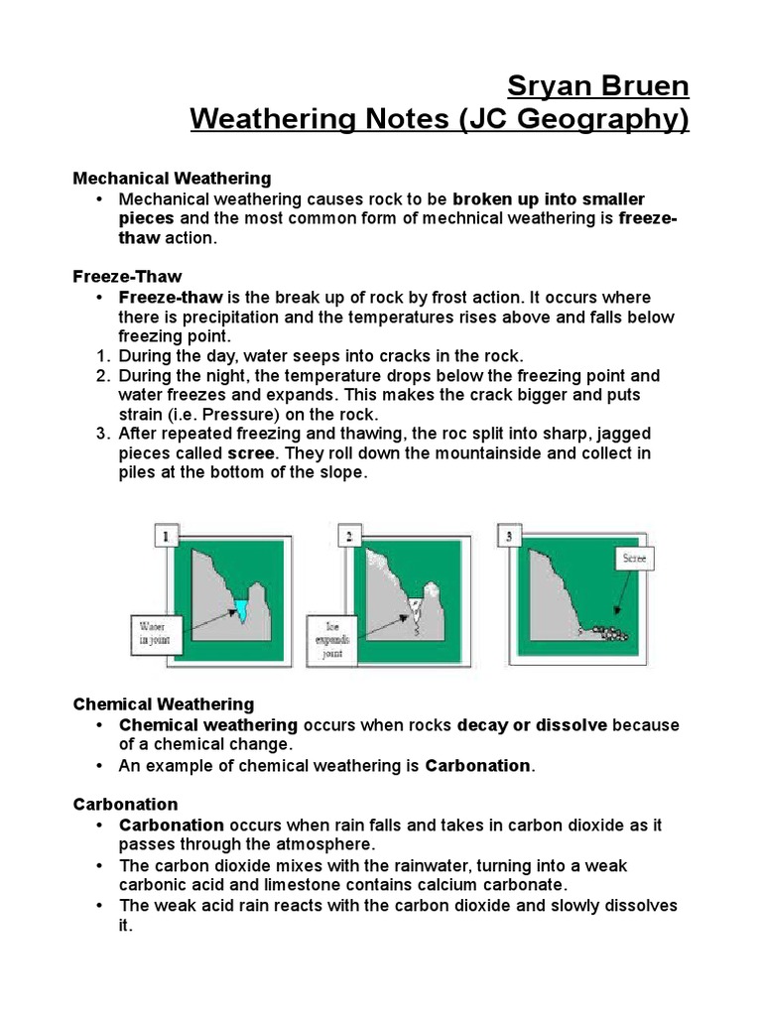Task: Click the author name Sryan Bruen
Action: (597, 86)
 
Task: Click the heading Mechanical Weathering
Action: (172, 179)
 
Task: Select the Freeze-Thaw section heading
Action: (127, 276)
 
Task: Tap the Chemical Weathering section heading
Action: (164, 704)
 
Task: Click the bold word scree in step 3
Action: (250, 453)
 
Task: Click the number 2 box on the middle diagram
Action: (348, 538)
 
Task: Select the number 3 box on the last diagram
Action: (509, 538)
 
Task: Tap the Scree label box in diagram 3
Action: (634, 559)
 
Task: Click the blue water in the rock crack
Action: (241, 610)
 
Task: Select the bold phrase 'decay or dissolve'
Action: (532, 725)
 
